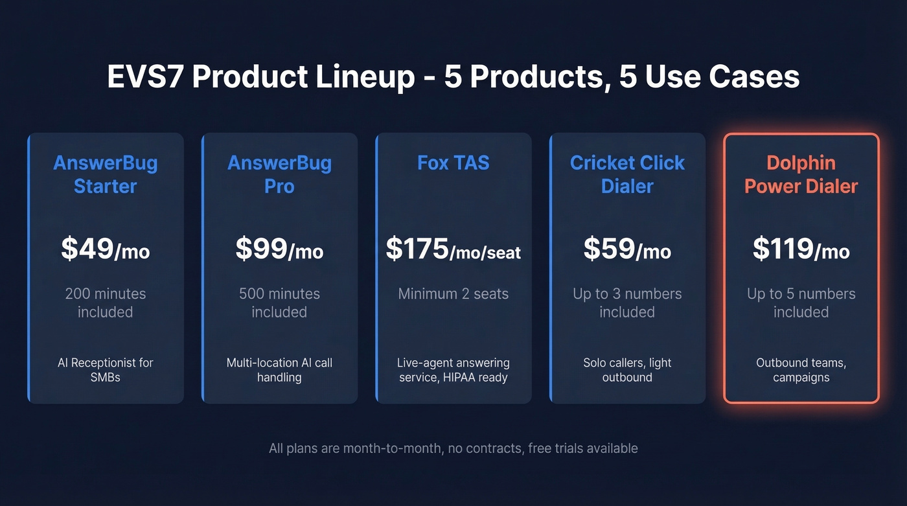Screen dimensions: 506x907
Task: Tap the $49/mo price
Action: tap(106, 249)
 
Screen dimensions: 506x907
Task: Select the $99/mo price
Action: tap(279, 249)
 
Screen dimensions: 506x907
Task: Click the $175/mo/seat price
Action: tap(454, 249)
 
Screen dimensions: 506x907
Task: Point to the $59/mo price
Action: tap(627, 249)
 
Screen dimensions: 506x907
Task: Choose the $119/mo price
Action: tap(801, 249)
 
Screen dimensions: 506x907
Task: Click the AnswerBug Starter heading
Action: tap(106, 174)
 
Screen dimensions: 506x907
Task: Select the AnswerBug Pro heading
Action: tap(279, 174)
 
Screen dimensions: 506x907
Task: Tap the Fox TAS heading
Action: tap(454, 163)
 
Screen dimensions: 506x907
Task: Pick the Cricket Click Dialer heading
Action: tap(627, 174)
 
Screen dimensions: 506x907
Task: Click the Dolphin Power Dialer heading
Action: tap(801, 174)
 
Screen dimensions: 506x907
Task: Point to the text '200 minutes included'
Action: tap(106, 303)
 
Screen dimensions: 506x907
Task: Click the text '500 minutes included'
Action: tap(279, 303)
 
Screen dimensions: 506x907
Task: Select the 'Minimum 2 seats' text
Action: tap(454, 293)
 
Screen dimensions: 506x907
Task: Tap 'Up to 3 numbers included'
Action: tap(627, 303)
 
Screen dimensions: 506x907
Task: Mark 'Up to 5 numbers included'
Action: tap(801, 303)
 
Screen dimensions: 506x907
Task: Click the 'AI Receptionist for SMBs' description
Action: tap(106, 369)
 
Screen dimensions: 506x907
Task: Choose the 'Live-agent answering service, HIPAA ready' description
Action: tap(454, 369)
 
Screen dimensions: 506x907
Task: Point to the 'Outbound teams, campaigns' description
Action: tap(801, 369)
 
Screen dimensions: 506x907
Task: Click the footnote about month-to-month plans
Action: tap(454, 448)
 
